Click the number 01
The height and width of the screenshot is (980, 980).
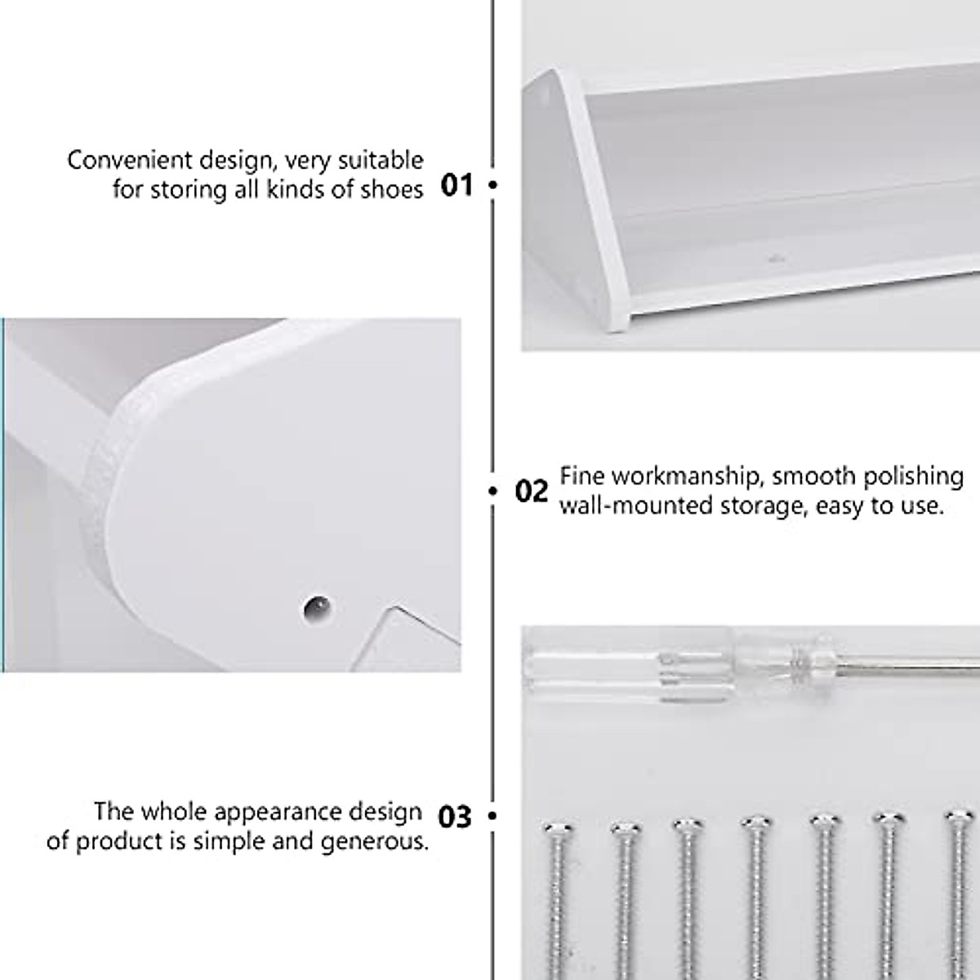(457, 185)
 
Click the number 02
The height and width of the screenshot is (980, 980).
(532, 492)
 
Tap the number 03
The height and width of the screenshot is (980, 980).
(455, 816)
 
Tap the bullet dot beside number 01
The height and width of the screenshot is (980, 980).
(492, 185)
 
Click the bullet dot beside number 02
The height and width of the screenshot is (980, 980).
(492, 491)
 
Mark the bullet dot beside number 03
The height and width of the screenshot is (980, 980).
(492, 816)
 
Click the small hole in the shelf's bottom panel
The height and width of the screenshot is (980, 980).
(773, 260)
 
